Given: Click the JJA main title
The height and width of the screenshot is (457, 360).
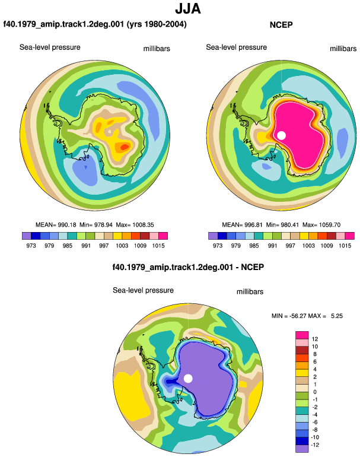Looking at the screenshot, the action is pyautogui.click(x=188, y=9).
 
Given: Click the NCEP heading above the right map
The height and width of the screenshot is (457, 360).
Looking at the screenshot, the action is pyautogui.click(x=281, y=25).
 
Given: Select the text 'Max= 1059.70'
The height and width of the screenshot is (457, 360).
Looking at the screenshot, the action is pyautogui.click(x=321, y=225).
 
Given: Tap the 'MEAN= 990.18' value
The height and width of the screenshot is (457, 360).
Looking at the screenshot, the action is pyautogui.click(x=56, y=225).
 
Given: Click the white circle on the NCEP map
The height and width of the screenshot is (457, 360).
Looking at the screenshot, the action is pyautogui.click(x=281, y=135).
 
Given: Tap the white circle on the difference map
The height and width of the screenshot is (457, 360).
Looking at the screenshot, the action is pyautogui.click(x=188, y=379).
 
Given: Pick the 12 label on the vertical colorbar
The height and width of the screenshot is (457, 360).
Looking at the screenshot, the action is pyautogui.click(x=315, y=339).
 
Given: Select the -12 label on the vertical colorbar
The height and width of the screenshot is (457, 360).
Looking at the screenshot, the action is pyautogui.click(x=315, y=445).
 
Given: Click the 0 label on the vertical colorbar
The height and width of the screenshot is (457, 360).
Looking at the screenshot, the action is pyautogui.click(x=315, y=392).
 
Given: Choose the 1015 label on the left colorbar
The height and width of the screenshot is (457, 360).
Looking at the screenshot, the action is pyautogui.click(x=158, y=245).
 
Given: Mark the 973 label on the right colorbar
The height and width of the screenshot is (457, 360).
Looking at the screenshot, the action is pyautogui.click(x=218, y=245).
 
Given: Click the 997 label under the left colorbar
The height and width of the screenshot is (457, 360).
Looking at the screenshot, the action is pyautogui.click(x=104, y=245).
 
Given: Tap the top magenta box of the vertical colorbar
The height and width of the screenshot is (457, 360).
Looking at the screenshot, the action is pyautogui.click(x=302, y=335).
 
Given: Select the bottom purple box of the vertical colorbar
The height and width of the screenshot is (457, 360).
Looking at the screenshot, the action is pyautogui.click(x=302, y=449).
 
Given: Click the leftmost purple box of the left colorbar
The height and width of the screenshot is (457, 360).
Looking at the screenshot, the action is pyautogui.click(x=27, y=236).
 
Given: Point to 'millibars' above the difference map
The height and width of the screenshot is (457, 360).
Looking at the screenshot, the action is pyautogui.click(x=250, y=292).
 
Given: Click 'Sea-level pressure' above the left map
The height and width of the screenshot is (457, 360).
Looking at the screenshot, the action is pyautogui.click(x=50, y=47).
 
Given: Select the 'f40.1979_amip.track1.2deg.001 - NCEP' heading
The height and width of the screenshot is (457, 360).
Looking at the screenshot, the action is pyautogui.click(x=188, y=267).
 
